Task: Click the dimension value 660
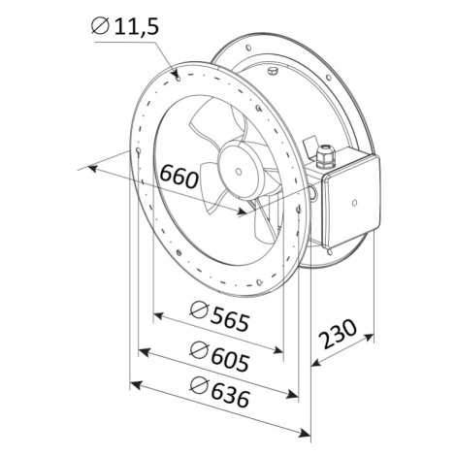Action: [179, 177]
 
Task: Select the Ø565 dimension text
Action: [220, 316]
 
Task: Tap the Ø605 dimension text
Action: [220, 356]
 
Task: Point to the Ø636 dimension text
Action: [220, 392]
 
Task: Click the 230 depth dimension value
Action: [338, 334]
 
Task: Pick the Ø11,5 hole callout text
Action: [125, 26]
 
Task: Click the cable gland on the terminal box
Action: [325, 157]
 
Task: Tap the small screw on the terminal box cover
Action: [354, 203]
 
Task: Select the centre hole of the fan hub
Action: [239, 172]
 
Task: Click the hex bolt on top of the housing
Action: [273, 71]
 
